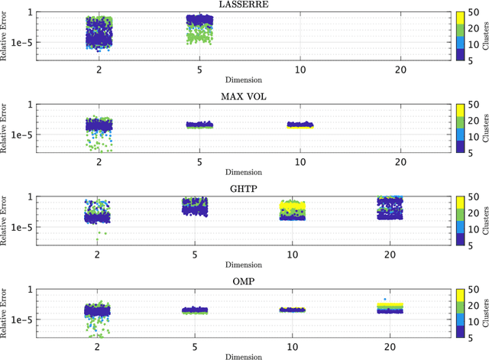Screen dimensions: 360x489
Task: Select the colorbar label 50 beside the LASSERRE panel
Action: coord(473,14)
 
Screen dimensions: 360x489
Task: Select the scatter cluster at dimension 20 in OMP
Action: coord(400,307)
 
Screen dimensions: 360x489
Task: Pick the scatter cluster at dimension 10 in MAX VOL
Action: coord(300,125)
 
